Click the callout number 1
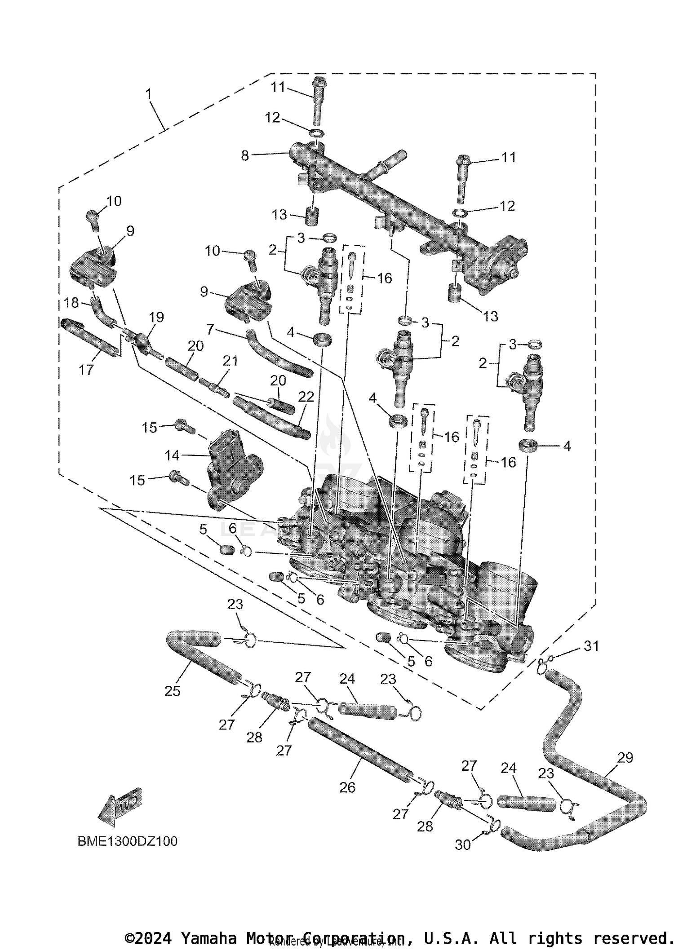click(149, 95)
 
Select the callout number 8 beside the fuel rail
click(245, 156)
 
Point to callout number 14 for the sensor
click(172, 455)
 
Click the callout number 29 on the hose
click(625, 757)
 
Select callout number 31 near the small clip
click(591, 646)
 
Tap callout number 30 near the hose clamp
click(463, 844)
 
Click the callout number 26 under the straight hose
click(347, 787)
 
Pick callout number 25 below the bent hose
click(172, 691)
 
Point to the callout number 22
click(306, 397)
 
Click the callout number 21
click(230, 361)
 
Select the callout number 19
click(156, 317)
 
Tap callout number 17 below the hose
click(86, 370)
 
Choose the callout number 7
click(210, 330)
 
